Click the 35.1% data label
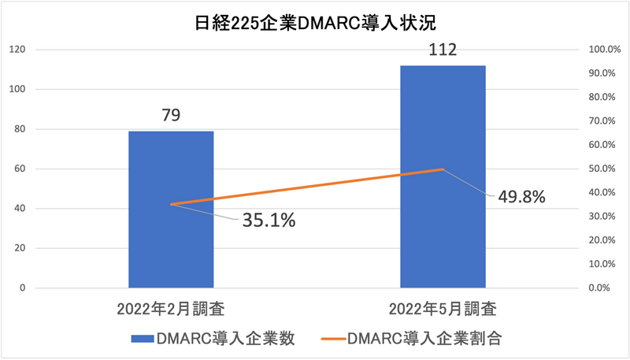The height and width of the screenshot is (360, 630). point(269,221)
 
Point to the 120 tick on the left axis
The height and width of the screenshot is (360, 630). point(18,50)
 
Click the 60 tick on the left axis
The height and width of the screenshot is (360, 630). point(20,169)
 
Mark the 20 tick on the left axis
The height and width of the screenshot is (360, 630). point(20,248)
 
